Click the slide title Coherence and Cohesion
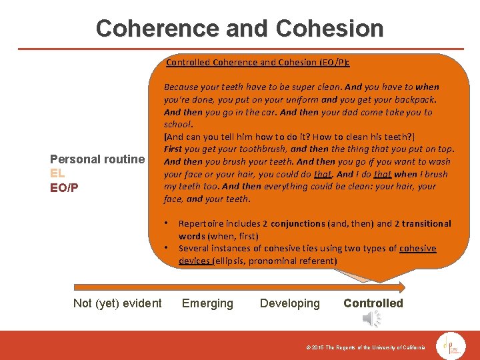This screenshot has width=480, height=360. click(x=239, y=28)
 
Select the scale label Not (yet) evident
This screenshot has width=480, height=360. click(x=117, y=303)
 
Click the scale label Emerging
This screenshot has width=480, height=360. click(x=207, y=303)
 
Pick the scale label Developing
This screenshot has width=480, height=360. click(x=289, y=303)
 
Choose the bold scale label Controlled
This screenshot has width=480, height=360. click(x=373, y=303)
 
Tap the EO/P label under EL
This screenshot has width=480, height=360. click(x=65, y=187)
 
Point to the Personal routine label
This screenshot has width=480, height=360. click(x=97, y=159)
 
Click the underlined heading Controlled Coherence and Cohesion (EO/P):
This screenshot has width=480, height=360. click(x=257, y=63)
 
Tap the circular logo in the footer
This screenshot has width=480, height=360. click(x=451, y=345)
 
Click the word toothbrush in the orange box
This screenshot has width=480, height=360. click(x=263, y=149)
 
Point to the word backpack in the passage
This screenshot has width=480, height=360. click(x=415, y=99)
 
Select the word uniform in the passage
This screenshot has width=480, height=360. click(x=299, y=99)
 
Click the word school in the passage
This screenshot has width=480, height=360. click(x=178, y=124)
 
